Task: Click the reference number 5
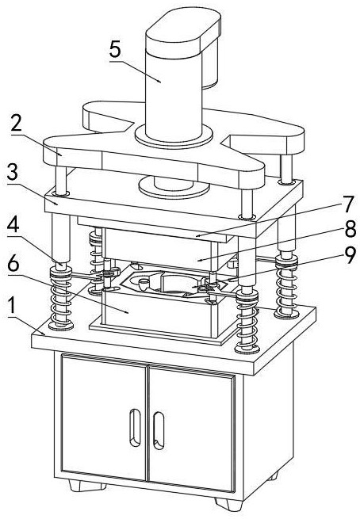(x=115, y=50)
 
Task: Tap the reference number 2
(x=16, y=123)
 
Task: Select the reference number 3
(x=13, y=171)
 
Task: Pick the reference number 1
(x=12, y=306)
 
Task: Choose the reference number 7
(x=347, y=204)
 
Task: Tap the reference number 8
(x=350, y=228)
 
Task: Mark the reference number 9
(x=350, y=255)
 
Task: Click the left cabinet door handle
(x=135, y=428)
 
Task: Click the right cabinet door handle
(x=159, y=430)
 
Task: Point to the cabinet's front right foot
(x=228, y=504)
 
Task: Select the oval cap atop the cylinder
(x=183, y=31)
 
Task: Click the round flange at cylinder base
(x=174, y=135)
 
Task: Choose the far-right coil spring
(x=286, y=287)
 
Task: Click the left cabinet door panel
(x=104, y=417)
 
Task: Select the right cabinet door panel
(x=192, y=429)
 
